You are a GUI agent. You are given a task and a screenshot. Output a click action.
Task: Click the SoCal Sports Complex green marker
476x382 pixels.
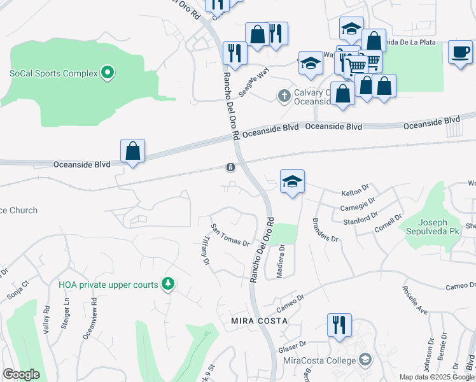coord(108,73)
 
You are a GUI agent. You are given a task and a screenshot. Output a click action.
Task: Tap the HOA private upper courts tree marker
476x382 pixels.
coord(168,284)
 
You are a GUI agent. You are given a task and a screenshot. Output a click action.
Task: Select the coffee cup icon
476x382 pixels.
coord(459,52)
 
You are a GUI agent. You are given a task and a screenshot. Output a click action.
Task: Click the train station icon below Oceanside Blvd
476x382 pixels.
coord(230,167)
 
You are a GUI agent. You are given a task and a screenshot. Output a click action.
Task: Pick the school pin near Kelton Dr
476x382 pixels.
coord(292,181)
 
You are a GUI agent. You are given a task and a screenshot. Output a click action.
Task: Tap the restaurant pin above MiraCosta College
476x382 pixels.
coord(339,325)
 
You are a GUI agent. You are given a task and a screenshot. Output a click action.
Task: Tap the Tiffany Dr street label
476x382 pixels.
coord(205,252)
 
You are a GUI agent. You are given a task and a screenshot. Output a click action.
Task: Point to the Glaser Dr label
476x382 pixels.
coord(293,347)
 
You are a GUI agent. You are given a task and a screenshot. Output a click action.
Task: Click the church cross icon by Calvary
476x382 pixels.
coord(284,95)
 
